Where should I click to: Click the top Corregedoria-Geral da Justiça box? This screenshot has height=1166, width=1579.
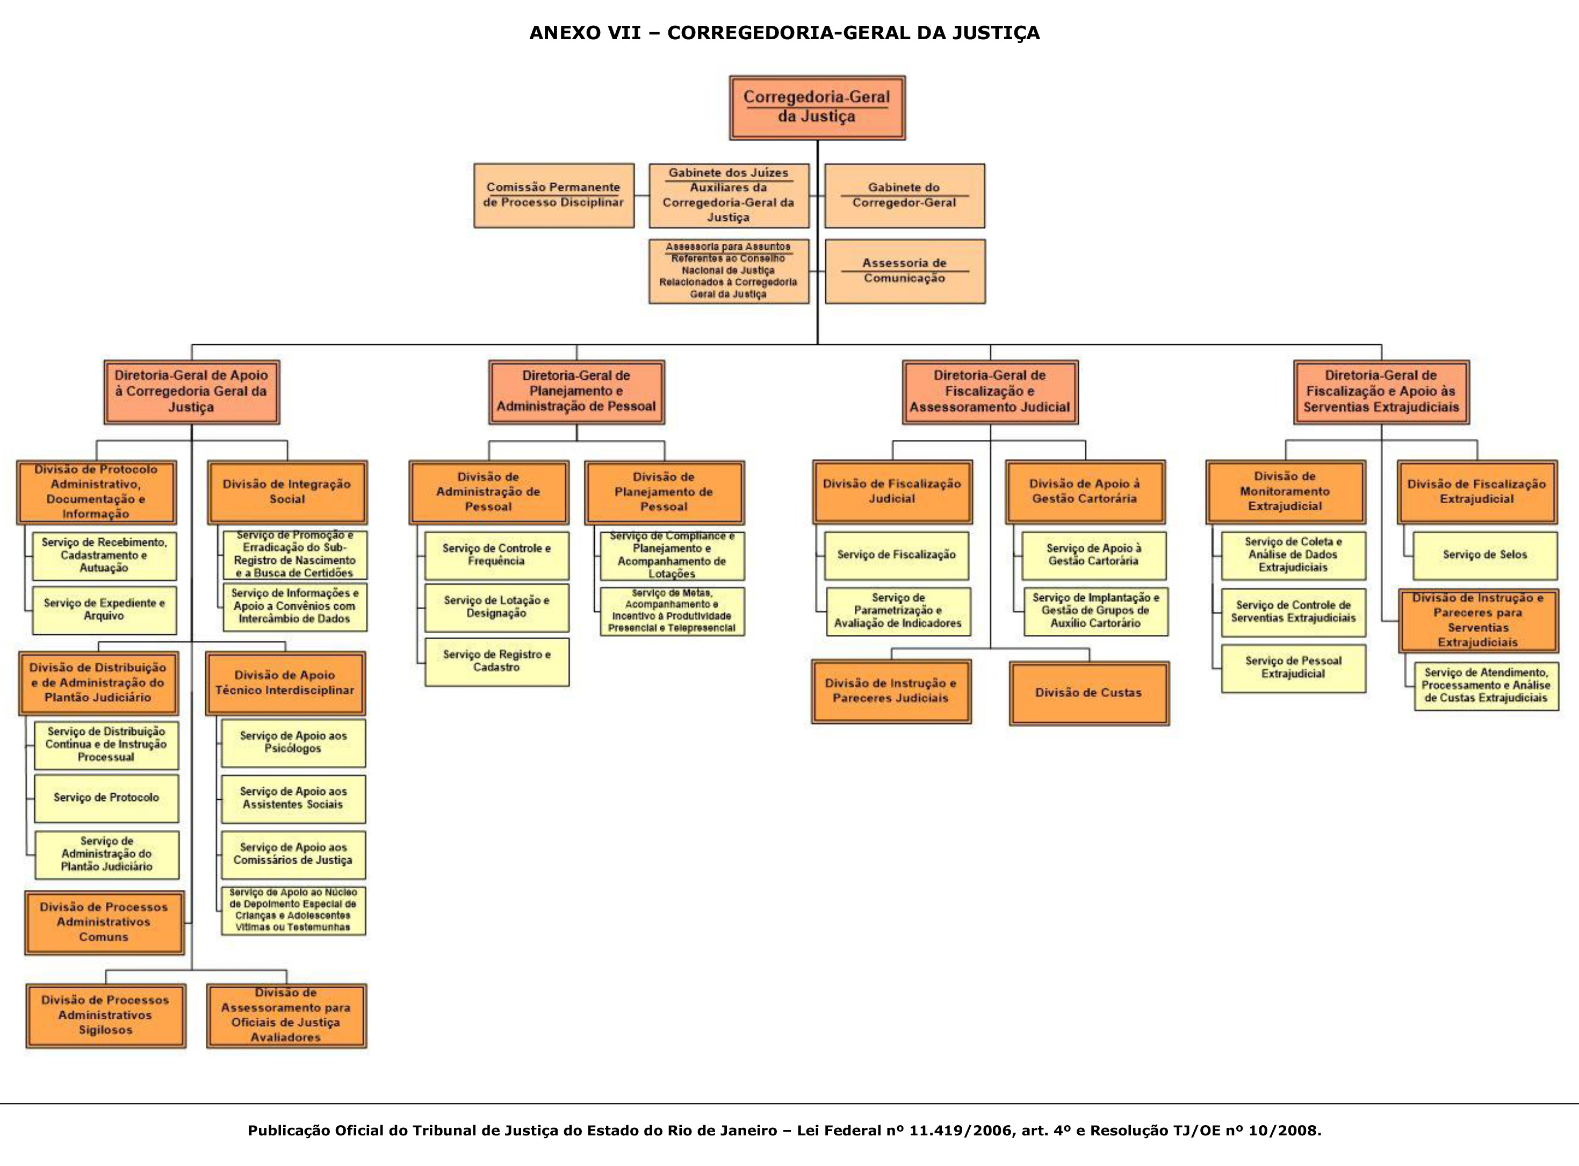pos(817,107)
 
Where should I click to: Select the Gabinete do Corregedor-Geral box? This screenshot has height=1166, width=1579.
pos(904,195)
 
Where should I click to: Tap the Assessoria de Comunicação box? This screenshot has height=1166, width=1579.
pos(904,271)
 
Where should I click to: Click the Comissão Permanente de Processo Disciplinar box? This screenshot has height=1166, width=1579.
pos(553,195)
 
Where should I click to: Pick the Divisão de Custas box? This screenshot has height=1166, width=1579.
pos(1088,693)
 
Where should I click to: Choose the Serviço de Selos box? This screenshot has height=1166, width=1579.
pos(1484,555)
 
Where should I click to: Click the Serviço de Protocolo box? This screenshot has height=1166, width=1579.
pos(106,798)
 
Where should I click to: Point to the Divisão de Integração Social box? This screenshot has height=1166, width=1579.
pos(286,492)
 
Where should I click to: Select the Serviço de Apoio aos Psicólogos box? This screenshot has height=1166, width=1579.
pos(293,743)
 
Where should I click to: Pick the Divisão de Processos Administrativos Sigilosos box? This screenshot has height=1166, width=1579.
pos(105,1016)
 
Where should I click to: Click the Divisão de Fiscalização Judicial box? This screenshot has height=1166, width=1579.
pos(891,492)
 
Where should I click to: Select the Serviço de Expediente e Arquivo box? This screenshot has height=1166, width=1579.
pos(104,610)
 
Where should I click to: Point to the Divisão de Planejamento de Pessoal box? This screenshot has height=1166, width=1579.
pos(664,492)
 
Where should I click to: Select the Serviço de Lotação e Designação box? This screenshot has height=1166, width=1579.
pos(496,607)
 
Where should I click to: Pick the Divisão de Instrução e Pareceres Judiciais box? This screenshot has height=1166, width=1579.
pos(891,691)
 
